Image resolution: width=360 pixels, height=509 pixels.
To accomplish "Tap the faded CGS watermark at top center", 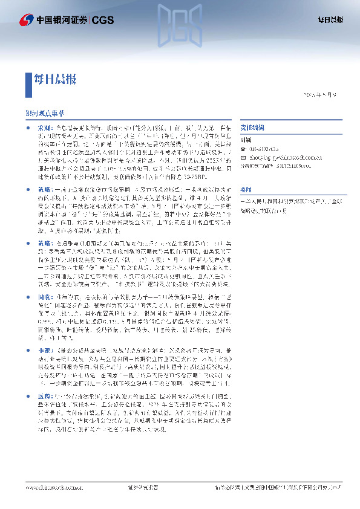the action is pyautogui.click(x=180, y=23).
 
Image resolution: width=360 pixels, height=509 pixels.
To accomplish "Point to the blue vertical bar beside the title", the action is pyautogui.click(x=28, y=79).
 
